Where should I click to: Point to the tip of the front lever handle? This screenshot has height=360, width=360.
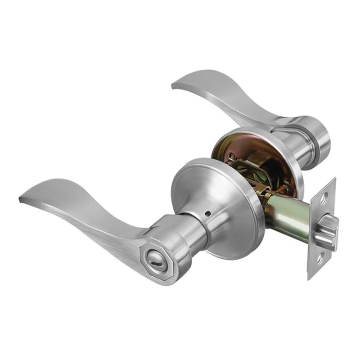point(22,198)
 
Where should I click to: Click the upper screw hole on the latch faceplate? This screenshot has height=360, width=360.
point(325,194)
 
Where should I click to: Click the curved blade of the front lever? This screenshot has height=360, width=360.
point(81,202)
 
